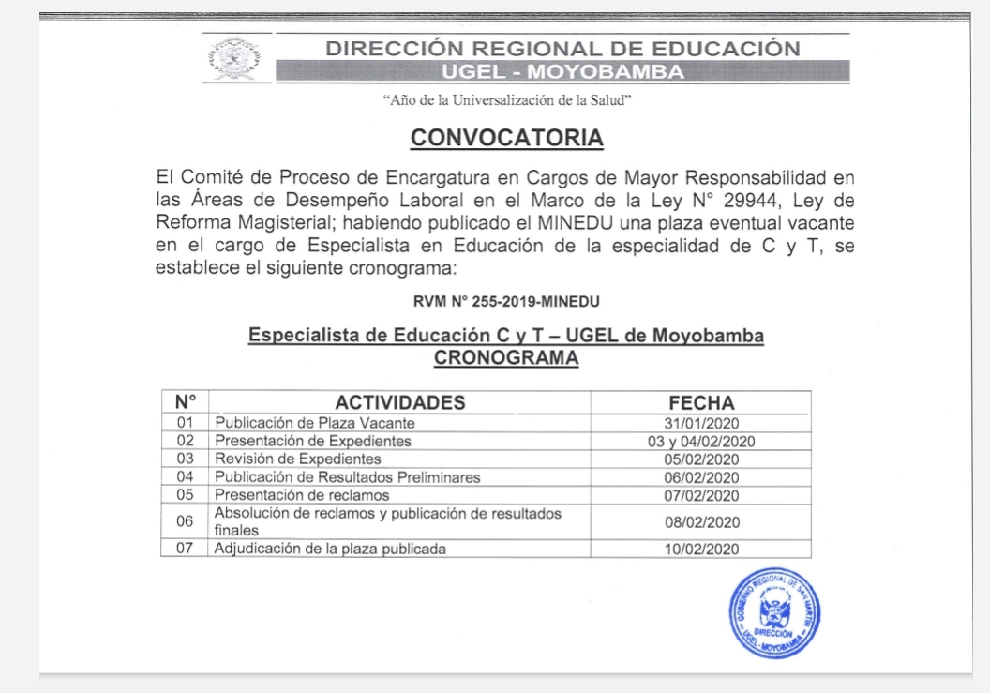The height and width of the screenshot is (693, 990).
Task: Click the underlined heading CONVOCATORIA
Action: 506,139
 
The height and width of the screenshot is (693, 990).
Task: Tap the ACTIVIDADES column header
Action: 400,403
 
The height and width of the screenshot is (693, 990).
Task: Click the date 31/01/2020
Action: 701,423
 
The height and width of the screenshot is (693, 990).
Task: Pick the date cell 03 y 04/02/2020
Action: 701,441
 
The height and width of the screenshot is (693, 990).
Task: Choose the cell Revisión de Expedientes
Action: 298,459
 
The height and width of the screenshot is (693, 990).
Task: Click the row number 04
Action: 185,476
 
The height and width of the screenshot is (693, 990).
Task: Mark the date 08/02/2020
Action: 701,521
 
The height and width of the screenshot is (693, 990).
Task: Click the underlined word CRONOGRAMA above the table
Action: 506,357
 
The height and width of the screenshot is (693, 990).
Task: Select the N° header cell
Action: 185,403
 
